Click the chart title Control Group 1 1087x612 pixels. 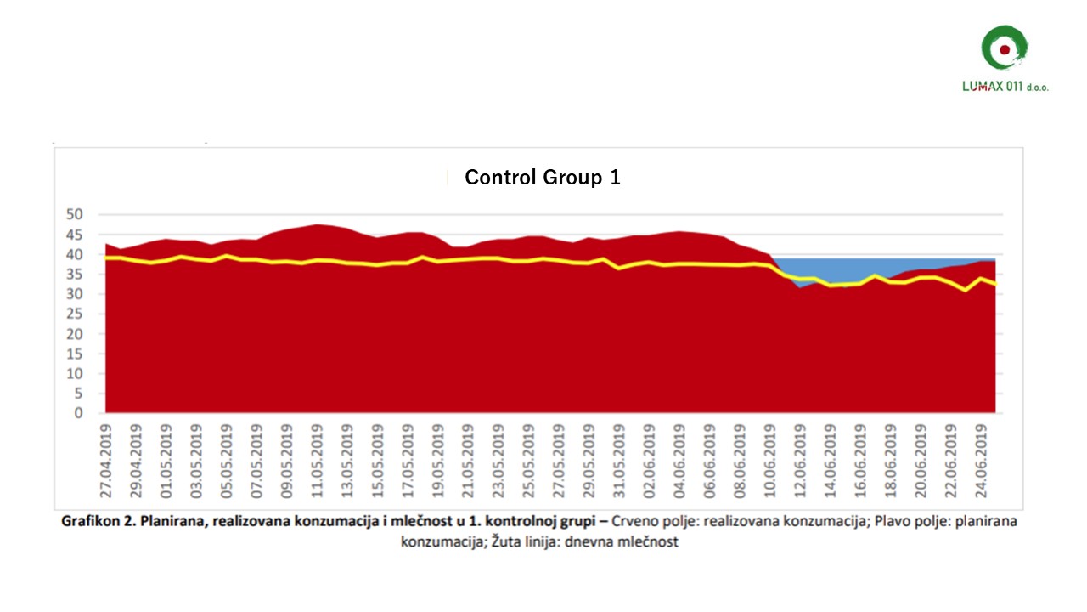point(542,178)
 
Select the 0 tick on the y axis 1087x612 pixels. point(77,413)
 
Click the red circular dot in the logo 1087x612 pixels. point(1005,50)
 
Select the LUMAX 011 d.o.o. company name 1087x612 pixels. point(1005,87)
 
